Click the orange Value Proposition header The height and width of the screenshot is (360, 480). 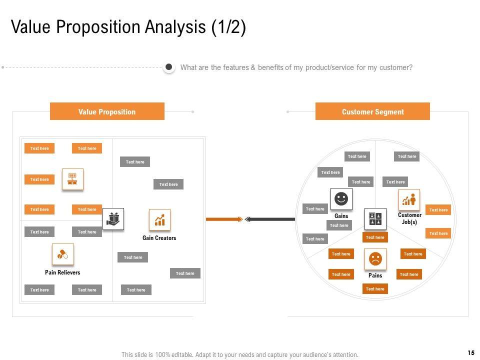[107, 111]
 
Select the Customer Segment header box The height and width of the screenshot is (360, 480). [372, 111]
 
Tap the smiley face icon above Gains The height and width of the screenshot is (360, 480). [341, 199]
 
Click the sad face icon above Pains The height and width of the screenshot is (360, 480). [375, 259]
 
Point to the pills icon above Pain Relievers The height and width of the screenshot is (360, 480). [62, 254]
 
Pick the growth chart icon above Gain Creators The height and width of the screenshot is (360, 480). [159, 220]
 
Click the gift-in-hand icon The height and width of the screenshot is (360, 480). [113, 219]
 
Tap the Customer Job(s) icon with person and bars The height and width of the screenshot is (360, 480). [409, 199]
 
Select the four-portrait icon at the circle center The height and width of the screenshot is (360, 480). [375, 219]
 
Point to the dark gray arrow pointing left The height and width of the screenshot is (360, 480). [270, 219]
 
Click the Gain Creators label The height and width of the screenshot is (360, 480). [159, 238]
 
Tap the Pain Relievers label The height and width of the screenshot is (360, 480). [62, 272]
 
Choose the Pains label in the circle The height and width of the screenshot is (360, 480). [375, 275]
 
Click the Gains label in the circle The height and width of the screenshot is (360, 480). [341, 216]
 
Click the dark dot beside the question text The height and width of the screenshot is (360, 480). [169, 67]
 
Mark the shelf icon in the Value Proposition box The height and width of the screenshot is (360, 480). [72, 179]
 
